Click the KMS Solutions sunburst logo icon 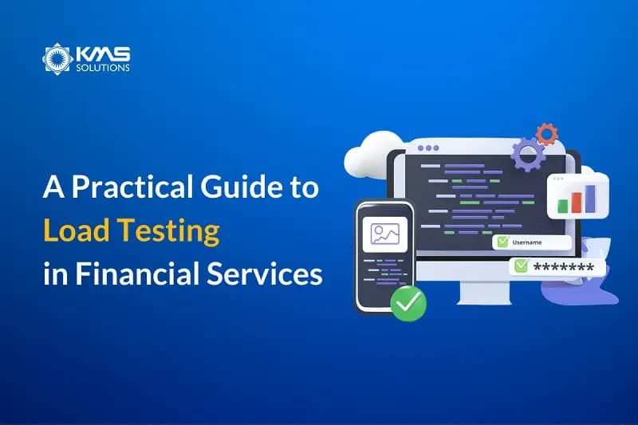coord(57,59)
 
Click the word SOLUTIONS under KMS coord(103,68)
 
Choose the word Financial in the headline coord(132,273)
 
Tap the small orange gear coord(546,133)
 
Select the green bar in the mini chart coord(563,205)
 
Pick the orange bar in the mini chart coord(576,199)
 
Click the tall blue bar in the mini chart coord(590,196)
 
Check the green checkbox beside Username coord(502,242)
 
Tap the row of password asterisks coord(563,266)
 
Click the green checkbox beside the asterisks coord(521,266)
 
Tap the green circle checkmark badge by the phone coord(408,303)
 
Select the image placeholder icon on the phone coord(384,234)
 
